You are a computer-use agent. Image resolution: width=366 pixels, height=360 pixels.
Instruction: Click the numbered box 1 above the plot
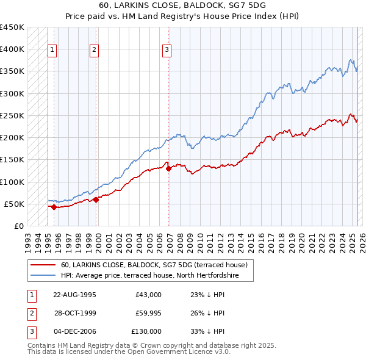point(52,51)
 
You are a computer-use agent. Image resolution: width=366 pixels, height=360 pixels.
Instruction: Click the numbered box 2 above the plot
point(95,51)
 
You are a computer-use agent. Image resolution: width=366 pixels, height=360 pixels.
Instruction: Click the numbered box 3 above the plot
point(167,51)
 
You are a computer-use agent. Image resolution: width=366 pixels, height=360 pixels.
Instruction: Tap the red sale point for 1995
point(54,207)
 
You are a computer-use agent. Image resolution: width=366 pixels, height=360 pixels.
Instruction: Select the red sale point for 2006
point(168,168)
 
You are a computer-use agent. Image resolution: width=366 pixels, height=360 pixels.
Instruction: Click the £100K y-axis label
point(13,182)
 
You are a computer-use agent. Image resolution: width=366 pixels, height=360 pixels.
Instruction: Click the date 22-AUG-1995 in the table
point(75,295)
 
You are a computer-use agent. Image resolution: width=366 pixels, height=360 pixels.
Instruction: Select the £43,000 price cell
point(148,295)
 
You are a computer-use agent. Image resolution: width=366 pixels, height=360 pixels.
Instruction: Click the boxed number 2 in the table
point(31,313)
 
